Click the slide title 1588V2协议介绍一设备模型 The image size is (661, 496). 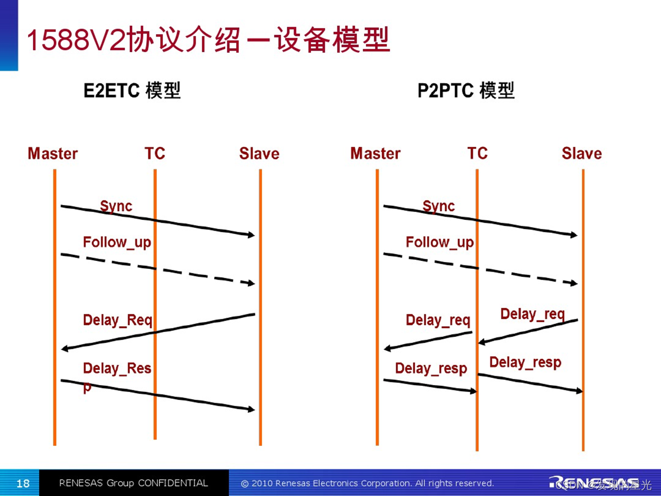click(208, 41)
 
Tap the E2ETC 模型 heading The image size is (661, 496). click(132, 91)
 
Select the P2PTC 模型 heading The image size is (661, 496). click(466, 91)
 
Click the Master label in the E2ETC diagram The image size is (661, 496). click(53, 154)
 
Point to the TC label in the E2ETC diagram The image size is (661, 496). click(155, 153)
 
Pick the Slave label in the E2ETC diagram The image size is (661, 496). click(259, 154)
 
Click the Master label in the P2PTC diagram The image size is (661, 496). click(375, 154)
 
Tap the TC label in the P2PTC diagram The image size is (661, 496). click(477, 153)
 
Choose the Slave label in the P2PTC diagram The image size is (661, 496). click(582, 154)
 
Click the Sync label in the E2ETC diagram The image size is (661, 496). click(116, 206)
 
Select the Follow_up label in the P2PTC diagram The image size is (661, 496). click(440, 242)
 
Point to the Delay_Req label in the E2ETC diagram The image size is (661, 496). click(117, 320)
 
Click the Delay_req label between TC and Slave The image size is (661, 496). click(532, 314)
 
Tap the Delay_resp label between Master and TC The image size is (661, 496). click(431, 368)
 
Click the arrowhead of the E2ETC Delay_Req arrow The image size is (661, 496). click(64, 349)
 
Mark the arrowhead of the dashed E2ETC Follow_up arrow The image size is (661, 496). click(251, 283)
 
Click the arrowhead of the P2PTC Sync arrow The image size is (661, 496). click(574, 235)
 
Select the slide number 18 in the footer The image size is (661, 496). click(23, 483)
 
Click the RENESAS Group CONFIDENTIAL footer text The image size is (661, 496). click(133, 483)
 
